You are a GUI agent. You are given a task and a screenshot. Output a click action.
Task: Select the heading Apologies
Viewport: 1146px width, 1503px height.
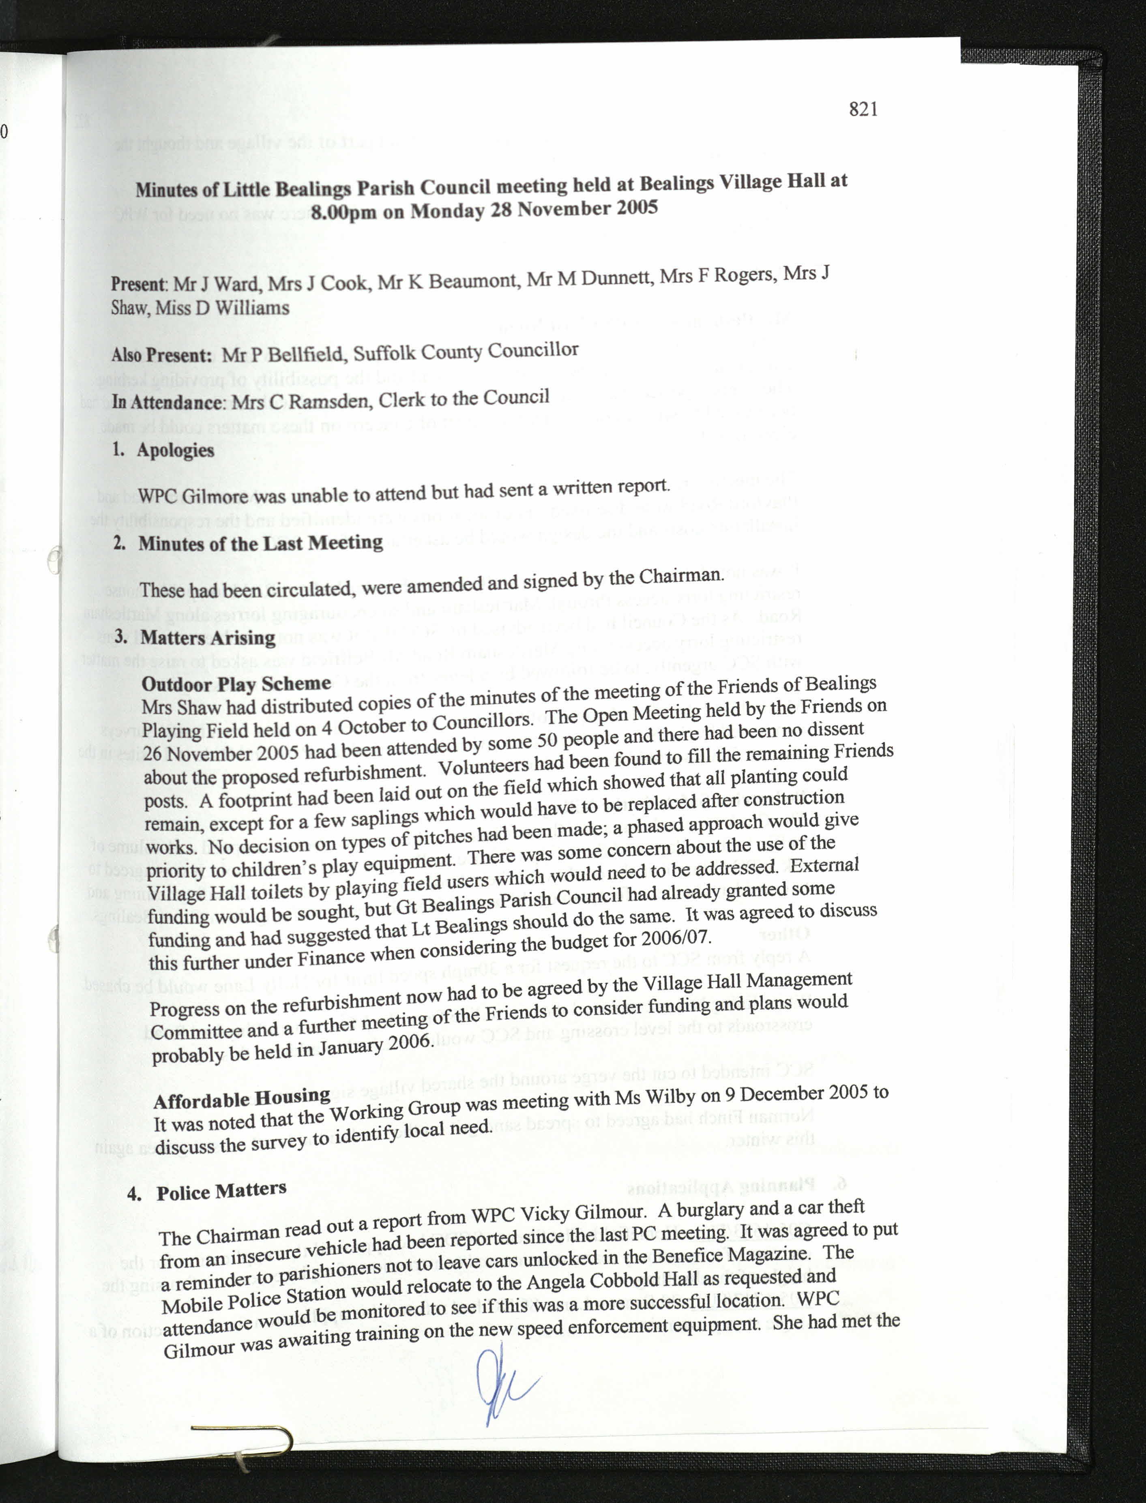175,450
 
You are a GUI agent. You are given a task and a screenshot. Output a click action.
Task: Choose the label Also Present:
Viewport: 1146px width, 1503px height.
162,355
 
